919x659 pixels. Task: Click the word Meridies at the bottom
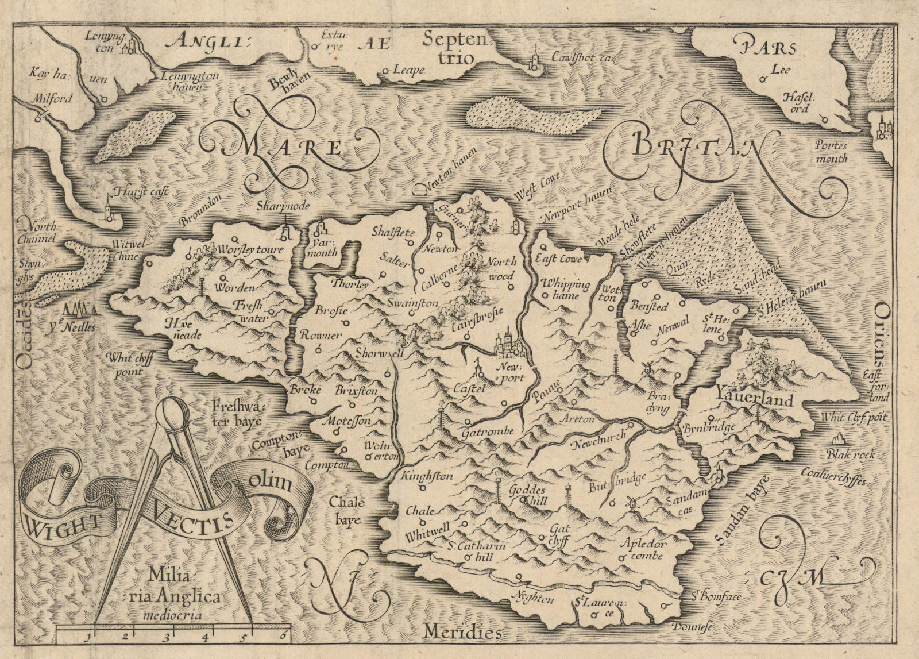point(459,633)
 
